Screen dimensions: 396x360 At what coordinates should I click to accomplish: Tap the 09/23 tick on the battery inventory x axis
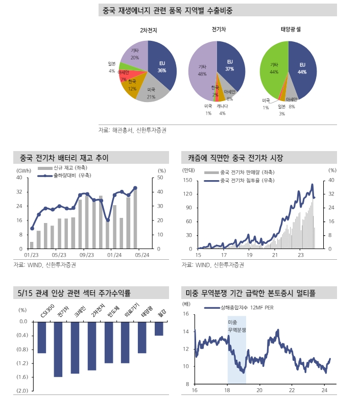87,254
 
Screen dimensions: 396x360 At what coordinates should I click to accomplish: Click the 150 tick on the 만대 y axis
186,180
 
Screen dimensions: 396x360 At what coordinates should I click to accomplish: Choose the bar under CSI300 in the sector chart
42,337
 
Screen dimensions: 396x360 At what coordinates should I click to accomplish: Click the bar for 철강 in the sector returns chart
159,328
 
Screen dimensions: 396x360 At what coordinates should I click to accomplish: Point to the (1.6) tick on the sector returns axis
22,377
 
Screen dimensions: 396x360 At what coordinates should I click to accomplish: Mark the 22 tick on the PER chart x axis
292,390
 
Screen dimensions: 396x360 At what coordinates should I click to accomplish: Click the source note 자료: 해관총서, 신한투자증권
132,130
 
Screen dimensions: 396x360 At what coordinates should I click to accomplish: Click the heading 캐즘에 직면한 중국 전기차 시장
235,157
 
